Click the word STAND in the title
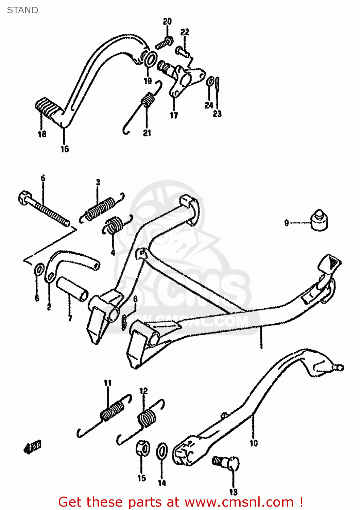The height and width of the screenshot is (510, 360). click(x=22, y=10)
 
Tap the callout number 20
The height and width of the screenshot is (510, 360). click(x=167, y=22)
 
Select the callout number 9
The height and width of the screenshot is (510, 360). click(x=287, y=223)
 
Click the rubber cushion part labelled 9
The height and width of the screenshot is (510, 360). click(x=320, y=221)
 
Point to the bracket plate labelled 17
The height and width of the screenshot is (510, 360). click(x=185, y=80)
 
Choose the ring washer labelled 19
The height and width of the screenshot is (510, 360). click(x=150, y=58)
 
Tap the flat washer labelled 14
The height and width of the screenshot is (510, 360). click(x=162, y=452)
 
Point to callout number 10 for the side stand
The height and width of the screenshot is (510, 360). click(x=254, y=443)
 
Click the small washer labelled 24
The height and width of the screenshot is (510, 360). click(x=210, y=81)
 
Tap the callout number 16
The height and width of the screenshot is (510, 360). click(x=65, y=149)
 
